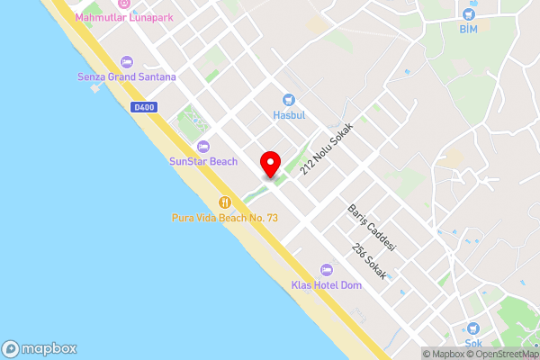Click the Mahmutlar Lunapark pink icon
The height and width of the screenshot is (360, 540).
click(x=124, y=4)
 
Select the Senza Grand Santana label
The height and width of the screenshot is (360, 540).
click(x=126, y=76)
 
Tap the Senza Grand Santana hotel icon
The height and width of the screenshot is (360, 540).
click(x=126, y=62)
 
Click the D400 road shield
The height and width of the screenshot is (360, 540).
click(x=139, y=107)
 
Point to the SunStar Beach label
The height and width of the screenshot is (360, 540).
click(x=203, y=162)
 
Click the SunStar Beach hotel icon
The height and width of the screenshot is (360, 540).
click(x=203, y=147)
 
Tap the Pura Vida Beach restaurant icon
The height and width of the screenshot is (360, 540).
click(x=226, y=202)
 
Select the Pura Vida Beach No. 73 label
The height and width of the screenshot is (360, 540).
click(x=226, y=218)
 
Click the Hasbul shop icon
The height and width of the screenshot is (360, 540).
click(x=288, y=100)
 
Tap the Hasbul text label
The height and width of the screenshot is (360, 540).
click(x=288, y=115)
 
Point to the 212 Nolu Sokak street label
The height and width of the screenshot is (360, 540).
click(x=327, y=149)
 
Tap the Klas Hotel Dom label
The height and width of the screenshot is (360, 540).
click(x=326, y=286)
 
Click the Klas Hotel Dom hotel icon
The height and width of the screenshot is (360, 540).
click(x=326, y=271)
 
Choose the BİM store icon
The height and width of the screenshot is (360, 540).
click(x=468, y=14)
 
